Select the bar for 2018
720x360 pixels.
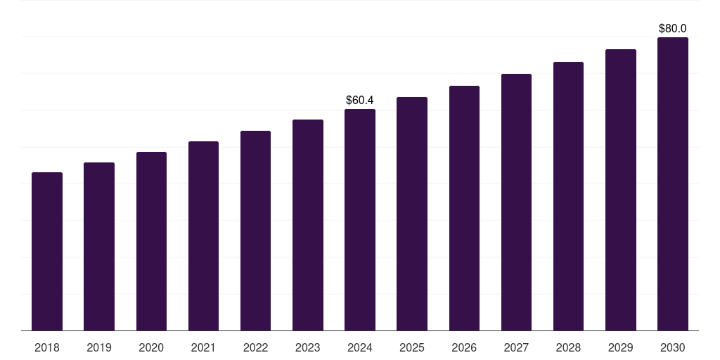tap(47, 251)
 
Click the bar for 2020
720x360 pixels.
tap(151, 241)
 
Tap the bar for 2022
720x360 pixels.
tap(255, 231)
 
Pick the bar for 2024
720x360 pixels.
tap(360, 219)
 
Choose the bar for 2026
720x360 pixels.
tap(464, 208)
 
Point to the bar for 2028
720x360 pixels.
tap(568, 196)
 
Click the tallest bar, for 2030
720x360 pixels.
tap(672, 184)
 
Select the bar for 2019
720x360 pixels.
tap(99, 246)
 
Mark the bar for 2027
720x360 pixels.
tap(516, 202)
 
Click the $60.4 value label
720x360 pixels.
tap(360, 101)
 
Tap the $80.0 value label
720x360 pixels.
tap(672, 29)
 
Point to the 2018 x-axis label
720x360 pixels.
tap(47, 347)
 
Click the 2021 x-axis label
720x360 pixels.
tap(203, 347)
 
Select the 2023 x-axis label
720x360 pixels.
tap(307, 347)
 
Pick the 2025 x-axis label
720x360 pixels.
tap(412, 347)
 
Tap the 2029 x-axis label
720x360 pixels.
tap(620, 347)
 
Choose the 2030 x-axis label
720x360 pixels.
tap(672, 347)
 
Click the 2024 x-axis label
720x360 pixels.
tap(360, 347)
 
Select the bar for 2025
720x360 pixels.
tap(412, 214)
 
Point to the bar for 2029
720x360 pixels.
tap(620, 190)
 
